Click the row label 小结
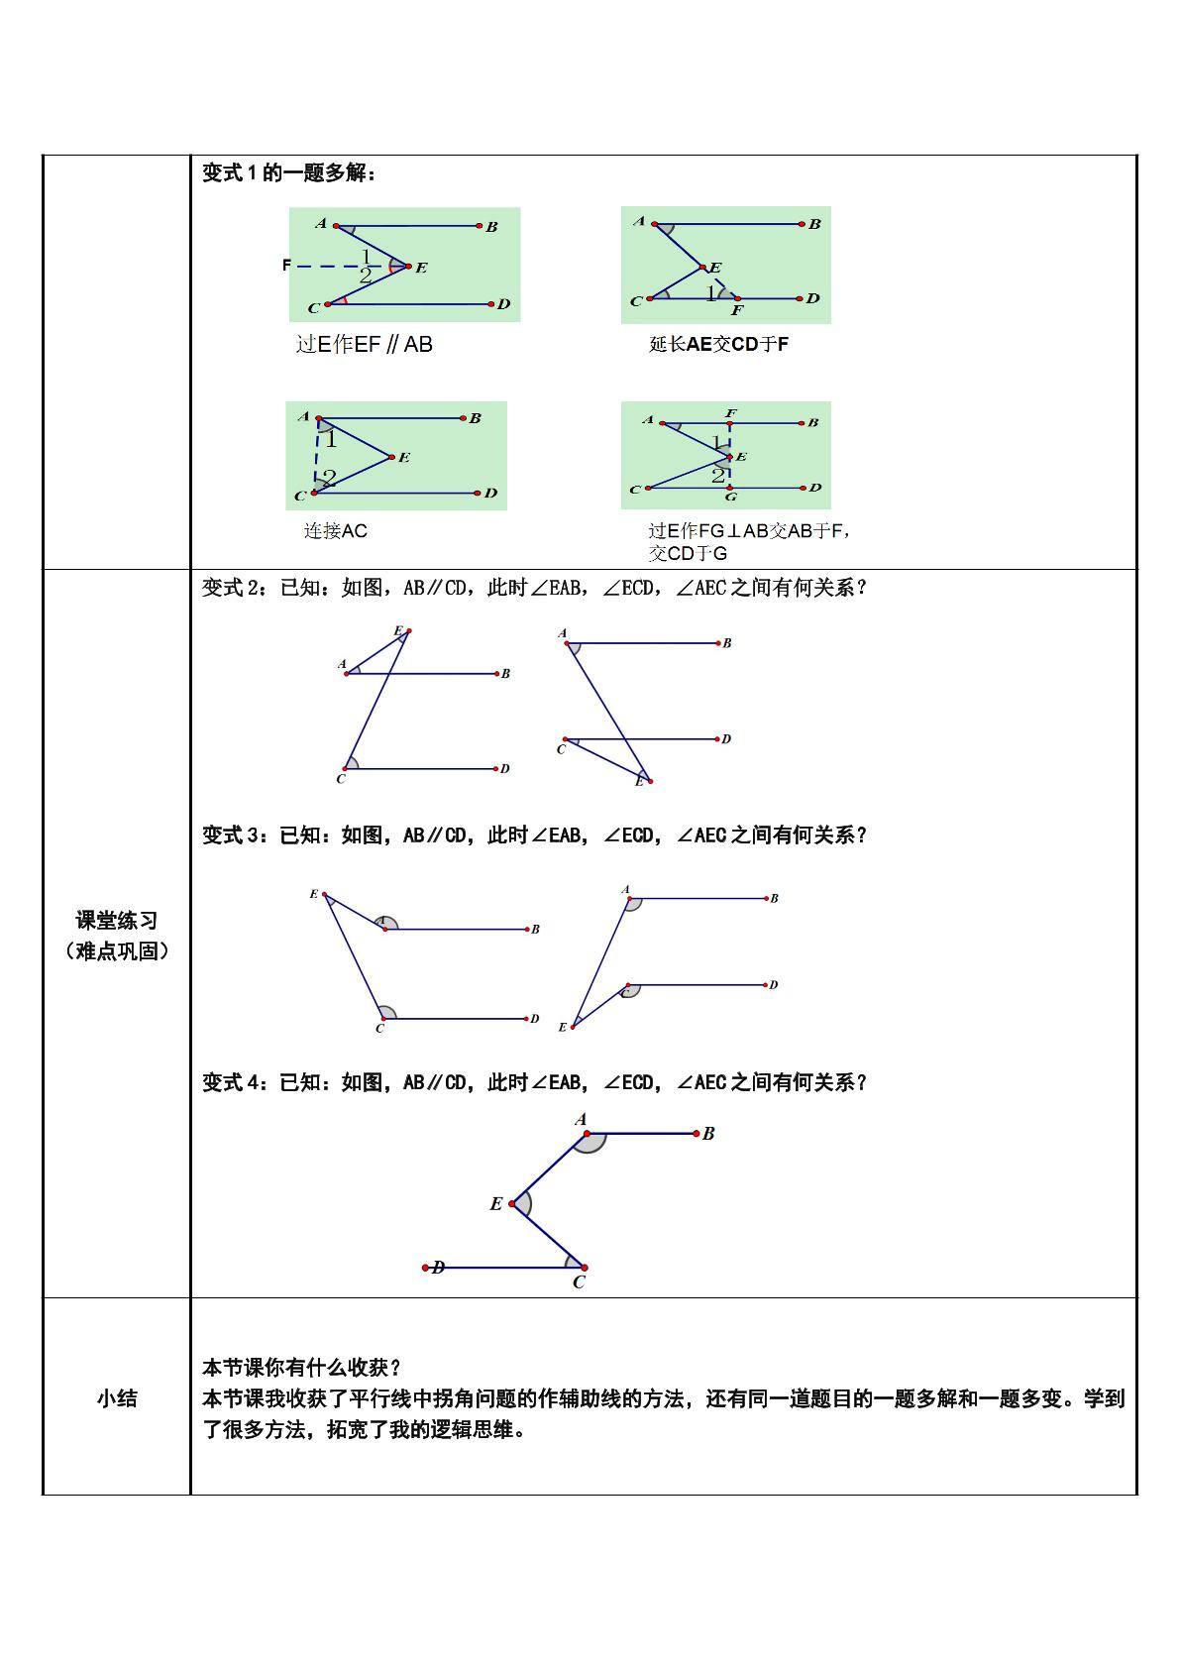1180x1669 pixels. click(x=117, y=1398)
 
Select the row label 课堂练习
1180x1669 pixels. click(x=117, y=920)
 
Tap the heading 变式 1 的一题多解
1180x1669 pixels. click(x=289, y=172)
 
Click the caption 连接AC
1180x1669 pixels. click(x=335, y=530)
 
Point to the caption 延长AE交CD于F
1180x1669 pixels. click(x=718, y=344)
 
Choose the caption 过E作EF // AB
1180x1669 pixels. click(x=364, y=344)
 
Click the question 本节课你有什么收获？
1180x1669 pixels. click(x=302, y=1368)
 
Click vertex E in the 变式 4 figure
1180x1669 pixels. click(x=512, y=1204)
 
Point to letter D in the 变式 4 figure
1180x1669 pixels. click(x=438, y=1267)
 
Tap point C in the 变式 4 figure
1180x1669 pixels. click(x=585, y=1268)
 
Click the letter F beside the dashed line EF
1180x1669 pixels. click(x=286, y=265)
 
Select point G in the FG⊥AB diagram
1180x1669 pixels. click(x=731, y=488)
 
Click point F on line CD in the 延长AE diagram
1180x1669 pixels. click(x=737, y=298)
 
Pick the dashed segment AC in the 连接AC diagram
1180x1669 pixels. click(x=317, y=455)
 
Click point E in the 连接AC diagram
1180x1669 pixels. click(x=391, y=457)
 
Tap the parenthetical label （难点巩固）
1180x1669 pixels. click(x=117, y=951)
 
